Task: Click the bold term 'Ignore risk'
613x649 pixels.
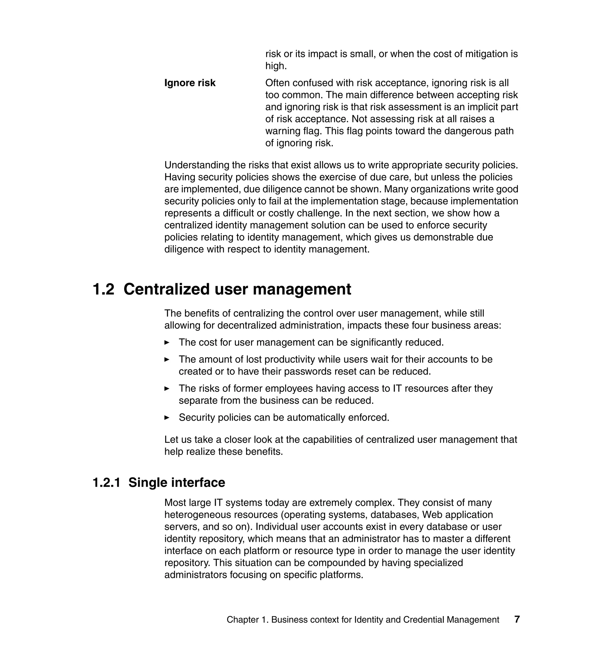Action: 190,83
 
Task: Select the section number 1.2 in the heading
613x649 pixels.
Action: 104,289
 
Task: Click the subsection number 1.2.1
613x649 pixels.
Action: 107,483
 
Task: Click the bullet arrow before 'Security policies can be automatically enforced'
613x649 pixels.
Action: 167,418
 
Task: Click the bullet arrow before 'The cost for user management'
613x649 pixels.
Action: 167,342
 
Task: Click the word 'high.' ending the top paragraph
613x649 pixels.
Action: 276,66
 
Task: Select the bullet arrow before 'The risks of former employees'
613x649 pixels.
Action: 167,389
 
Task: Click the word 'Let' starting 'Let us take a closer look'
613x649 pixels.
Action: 171,439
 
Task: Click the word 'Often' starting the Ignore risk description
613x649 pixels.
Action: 277,83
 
